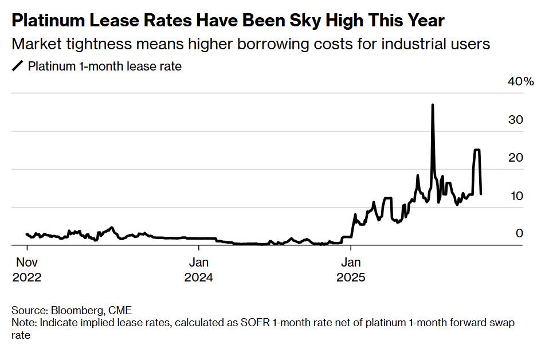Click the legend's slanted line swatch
17,66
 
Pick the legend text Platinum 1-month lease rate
105,66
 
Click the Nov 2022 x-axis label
26,270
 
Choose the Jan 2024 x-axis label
198,270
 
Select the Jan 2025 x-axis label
351,270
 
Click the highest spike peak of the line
432,105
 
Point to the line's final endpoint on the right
480,194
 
